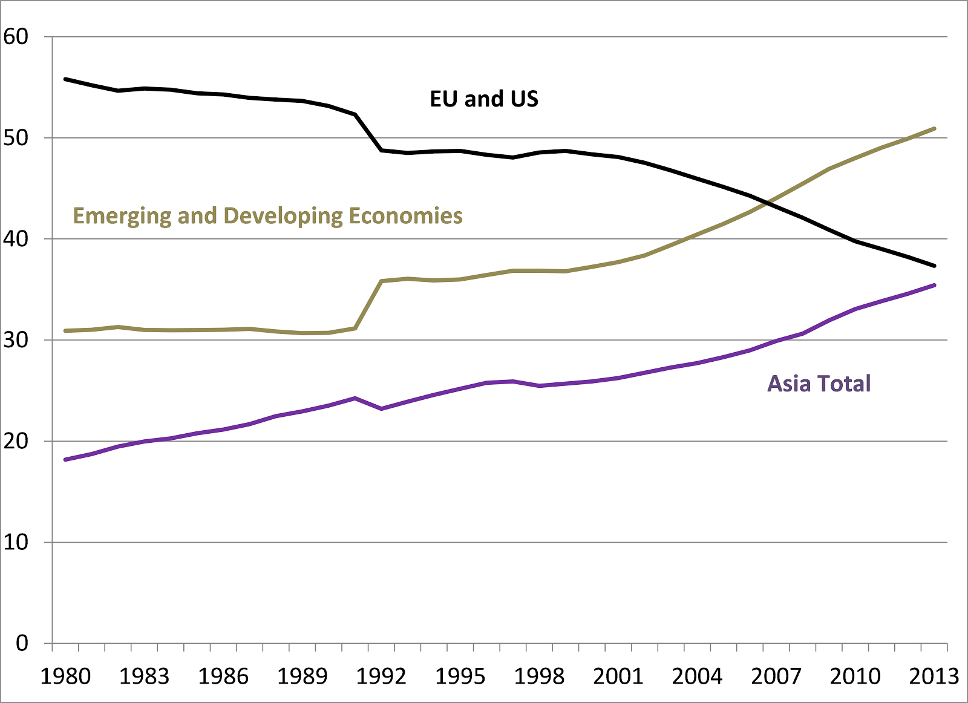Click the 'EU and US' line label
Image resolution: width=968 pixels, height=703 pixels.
(x=484, y=99)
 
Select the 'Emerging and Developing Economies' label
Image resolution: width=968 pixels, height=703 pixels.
(x=267, y=216)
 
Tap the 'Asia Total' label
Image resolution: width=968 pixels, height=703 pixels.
(x=819, y=384)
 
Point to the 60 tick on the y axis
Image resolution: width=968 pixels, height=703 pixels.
(x=16, y=37)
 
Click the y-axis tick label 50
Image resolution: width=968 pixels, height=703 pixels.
(x=16, y=138)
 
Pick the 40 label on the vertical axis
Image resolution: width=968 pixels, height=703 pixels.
(x=16, y=239)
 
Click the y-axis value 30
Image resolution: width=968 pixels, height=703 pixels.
(x=16, y=340)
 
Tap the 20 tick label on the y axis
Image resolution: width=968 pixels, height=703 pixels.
(x=16, y=441)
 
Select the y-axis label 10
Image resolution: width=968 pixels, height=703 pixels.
(x=16, y=542)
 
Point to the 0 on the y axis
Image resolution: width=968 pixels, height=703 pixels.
(x=22, y=643)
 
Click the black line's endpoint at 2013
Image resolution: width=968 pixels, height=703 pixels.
(x=935, y=266)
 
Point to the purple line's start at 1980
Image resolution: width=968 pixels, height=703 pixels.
(x=65, y=460)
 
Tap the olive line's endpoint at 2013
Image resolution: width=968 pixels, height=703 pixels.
(x=935, y=128)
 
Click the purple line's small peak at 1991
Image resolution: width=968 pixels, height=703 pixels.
(x=355, y=398)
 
